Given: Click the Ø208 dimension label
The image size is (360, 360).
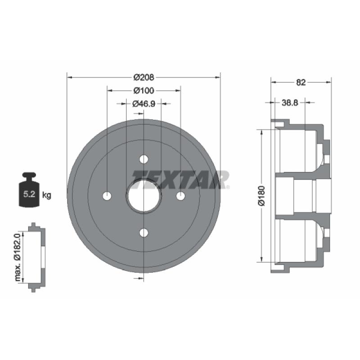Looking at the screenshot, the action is pos(144,77).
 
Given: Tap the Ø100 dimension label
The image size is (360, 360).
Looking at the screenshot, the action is pos(144,91).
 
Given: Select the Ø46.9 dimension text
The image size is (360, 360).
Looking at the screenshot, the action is pos(144,104).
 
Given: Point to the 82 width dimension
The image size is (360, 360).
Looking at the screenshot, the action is pos(301,82).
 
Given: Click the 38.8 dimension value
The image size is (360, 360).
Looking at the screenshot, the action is pos(290,103).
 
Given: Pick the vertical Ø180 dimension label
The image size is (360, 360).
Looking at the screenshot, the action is pos(262,196).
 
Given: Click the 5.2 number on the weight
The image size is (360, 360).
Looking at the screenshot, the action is pos(29,194).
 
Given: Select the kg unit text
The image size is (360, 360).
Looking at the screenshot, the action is pos(47,195).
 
